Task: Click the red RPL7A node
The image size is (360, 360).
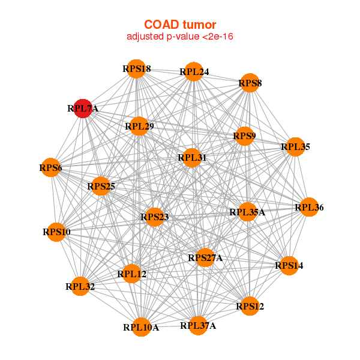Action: (x=83, y=109)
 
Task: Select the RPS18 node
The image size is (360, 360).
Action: (x=137, y=69)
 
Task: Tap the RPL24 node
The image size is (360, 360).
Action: (x=193, y=72)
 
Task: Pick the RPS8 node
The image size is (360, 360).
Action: (x=250, y=83)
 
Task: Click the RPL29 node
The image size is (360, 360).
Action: (x=139, y=127)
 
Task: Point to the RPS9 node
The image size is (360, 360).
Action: (x=244, y=136)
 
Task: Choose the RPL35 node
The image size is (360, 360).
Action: (x=295, y=146)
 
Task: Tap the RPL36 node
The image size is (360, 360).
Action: (x=309, y=208)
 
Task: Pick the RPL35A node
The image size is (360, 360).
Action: (x=247, y=212)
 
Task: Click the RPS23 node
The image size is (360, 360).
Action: (x=154, y=217)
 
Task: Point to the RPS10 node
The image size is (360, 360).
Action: (x=56, y=232)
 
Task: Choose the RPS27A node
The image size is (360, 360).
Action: (x=205, y=258)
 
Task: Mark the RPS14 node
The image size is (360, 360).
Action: (x=289, y=265)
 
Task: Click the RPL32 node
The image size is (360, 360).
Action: (x=80, y=287)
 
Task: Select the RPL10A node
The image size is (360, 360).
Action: (x=141, y=327)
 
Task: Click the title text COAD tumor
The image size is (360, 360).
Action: (x=180, y=25)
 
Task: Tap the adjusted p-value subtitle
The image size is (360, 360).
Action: (x=180, y=37)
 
